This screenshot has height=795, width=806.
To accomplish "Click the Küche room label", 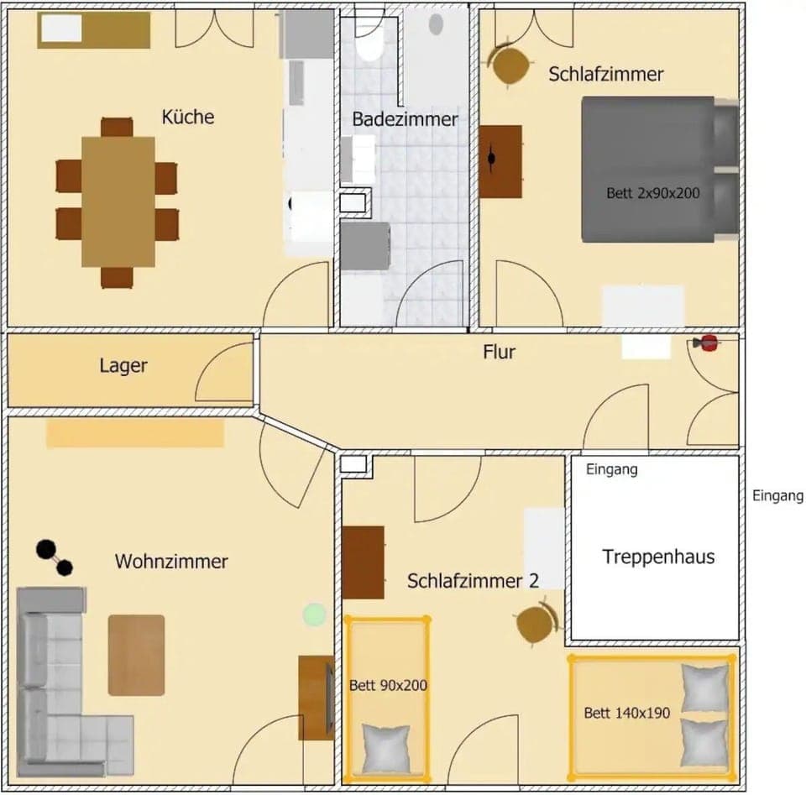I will click(x=188, y=117).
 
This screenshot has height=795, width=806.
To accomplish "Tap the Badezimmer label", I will click(x=405, y=119).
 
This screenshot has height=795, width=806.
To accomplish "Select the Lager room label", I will click(x=123, y=366).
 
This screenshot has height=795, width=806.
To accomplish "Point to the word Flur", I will click(x=499, y=352).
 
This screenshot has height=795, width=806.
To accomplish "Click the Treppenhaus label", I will click(x=658, y=557).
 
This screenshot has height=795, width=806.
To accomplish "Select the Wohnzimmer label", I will click(x=171, y=562).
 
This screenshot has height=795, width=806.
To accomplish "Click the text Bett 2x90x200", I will click(x=652, y=193).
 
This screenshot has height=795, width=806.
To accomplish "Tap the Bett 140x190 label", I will click(x=626, y=714).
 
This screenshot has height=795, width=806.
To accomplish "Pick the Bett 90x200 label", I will click(x=388, y=686).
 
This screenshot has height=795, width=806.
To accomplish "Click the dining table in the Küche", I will click(x=118, y=201).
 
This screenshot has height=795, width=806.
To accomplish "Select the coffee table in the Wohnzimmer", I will click(x=136, y=655).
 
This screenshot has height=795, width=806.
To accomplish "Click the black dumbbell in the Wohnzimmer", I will click(x=54, y=558).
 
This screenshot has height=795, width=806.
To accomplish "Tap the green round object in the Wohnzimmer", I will click(x=314, y=615).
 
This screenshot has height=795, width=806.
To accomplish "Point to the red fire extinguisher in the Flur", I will click(x=707, y=343).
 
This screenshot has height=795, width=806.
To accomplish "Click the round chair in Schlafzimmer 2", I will click(x=536, y=624).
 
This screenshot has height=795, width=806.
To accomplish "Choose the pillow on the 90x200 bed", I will click(x=385, y=747).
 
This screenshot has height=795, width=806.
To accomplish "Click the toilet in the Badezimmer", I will click(x=369, y=42).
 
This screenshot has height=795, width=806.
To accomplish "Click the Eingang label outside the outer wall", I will click(x=777, y=496).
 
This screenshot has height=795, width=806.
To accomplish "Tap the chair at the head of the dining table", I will click(x=117, y=127).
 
